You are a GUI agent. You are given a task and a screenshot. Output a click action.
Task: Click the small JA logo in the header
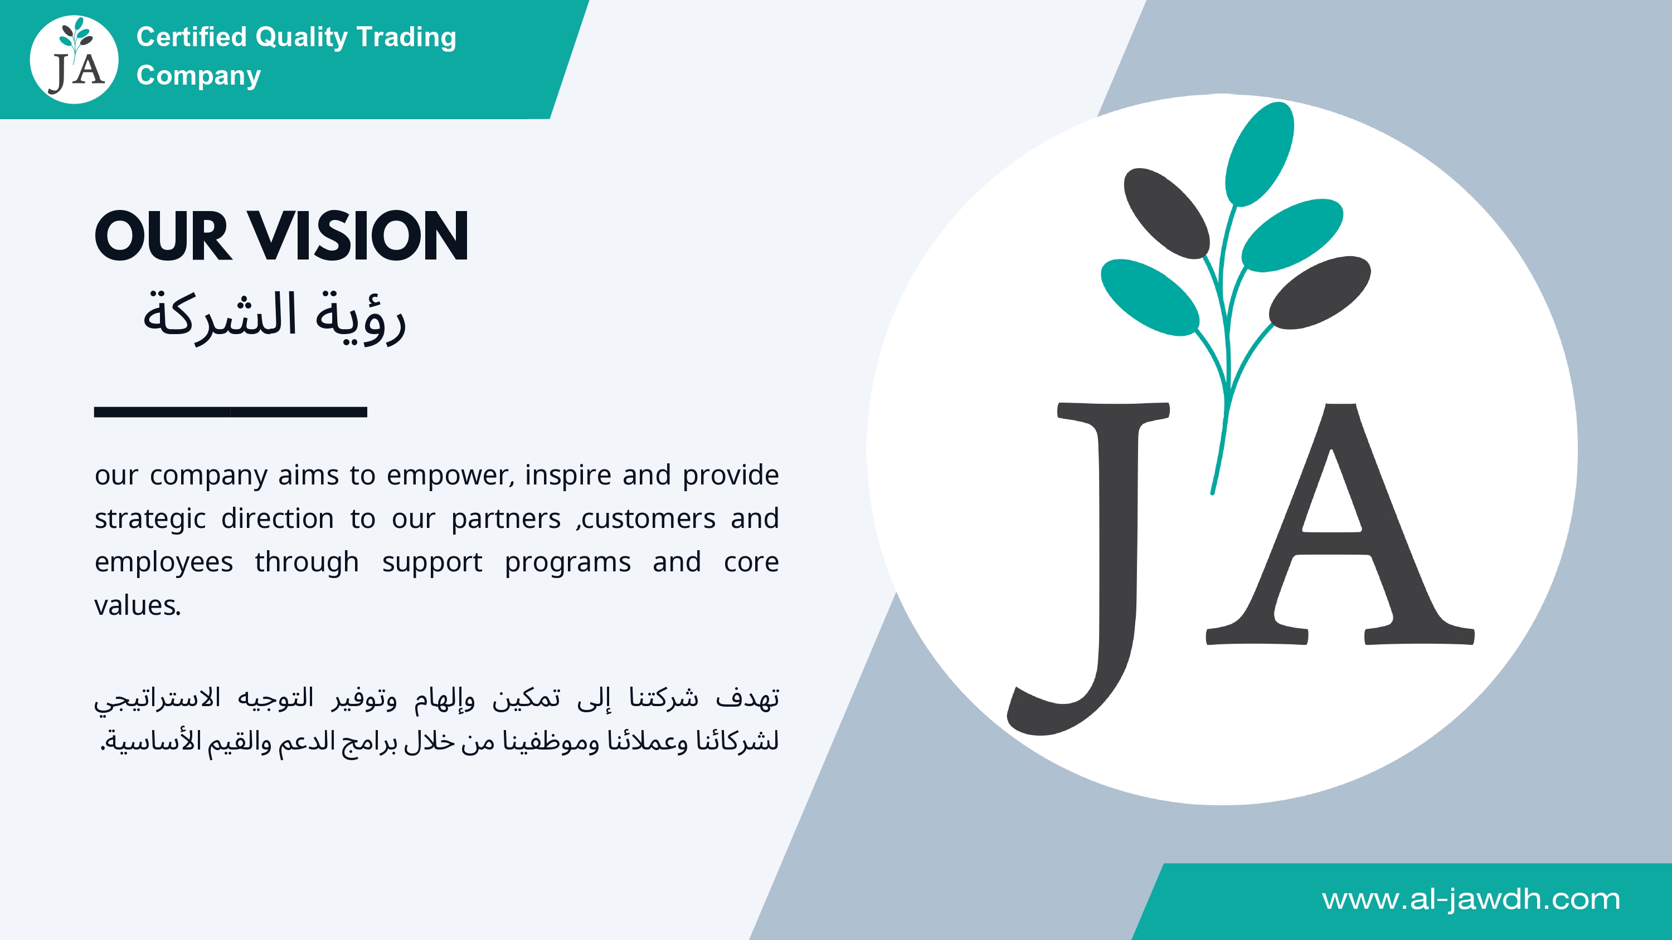point(74,60)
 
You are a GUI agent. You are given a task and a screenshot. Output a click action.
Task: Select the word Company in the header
point(198,76)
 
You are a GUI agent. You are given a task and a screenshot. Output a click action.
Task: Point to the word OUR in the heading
point(163,236)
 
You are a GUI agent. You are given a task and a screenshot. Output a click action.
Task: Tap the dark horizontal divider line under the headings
point(230,412)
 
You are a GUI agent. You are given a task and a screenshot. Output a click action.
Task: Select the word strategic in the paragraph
point(150,519)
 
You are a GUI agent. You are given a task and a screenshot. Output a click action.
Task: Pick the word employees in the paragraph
point(163,562)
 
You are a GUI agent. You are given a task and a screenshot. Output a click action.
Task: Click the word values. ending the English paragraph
point(138,605)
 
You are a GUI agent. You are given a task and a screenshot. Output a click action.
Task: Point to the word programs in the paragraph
point(567,563)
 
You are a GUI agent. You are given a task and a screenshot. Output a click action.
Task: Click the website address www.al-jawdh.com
point(1471,899)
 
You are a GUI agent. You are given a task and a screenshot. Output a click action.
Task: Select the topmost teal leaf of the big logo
point(1259,154)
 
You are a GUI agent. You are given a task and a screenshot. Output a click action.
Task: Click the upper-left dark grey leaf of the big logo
point(1166,213)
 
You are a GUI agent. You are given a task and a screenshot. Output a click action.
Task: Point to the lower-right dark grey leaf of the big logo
point(1320,292)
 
